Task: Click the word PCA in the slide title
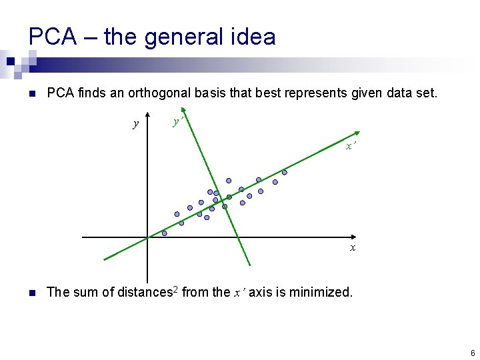[52, 37]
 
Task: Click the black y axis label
[136, 124]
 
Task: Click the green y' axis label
[178, 121]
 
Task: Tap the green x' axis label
[351, 146]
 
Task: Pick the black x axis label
[353, 248]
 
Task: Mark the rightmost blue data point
[284, 172]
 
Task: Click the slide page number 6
[472, 353]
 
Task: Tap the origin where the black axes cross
[147, 237]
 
